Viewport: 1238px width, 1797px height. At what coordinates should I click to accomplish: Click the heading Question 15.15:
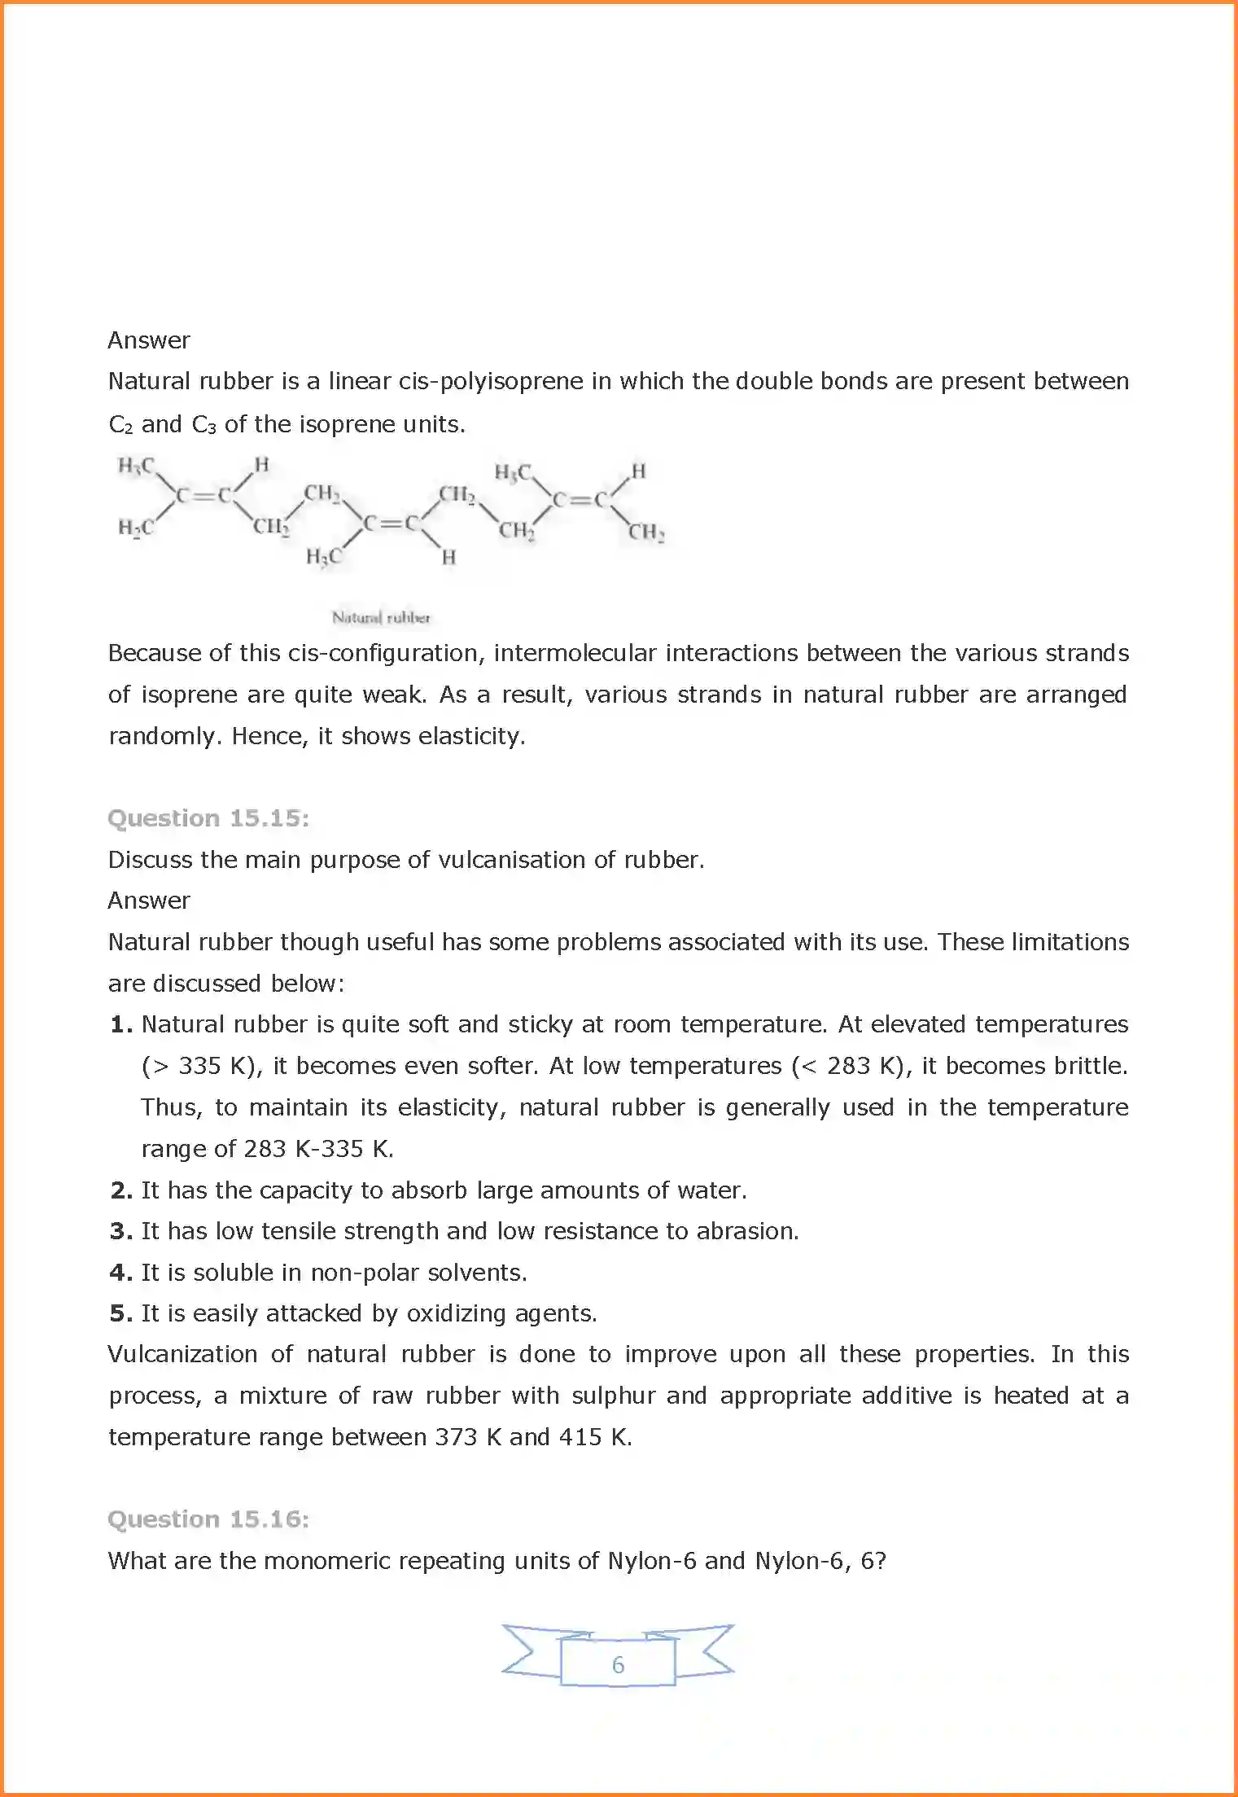208,818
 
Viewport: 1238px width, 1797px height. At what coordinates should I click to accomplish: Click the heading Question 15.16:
208,1519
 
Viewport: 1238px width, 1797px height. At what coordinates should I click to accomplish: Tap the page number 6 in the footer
618,1664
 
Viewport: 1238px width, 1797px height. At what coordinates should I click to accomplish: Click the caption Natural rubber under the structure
381,617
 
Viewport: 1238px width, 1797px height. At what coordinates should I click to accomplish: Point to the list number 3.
120,1231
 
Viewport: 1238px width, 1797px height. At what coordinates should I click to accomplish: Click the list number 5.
120,1313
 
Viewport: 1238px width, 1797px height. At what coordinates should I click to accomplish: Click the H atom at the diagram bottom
448,558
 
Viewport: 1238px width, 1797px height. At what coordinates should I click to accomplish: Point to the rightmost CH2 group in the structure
645,533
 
